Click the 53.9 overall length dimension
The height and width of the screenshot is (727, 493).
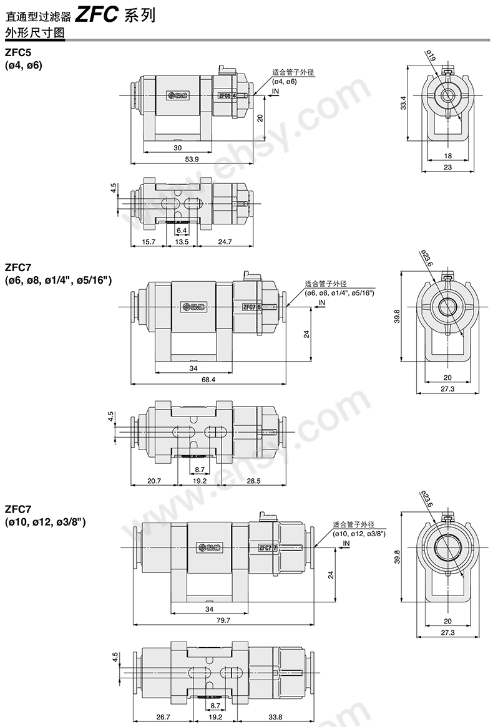[192, 160]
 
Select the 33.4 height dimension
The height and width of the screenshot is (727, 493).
[404, 103]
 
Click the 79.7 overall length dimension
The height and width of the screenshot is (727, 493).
[223, 620]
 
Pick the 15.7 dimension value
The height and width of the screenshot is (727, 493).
[148, 241]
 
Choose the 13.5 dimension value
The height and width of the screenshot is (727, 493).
[181, 241]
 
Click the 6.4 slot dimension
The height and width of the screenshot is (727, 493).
[182, 230]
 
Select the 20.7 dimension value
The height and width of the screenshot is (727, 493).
[154, 481]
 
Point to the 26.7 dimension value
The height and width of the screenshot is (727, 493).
[164, 717]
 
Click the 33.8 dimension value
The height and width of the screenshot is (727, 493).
[275, 717]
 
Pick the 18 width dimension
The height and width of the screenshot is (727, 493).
[447, 155]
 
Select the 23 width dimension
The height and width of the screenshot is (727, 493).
[447, 166]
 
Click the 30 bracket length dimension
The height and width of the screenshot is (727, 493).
[177, 148]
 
